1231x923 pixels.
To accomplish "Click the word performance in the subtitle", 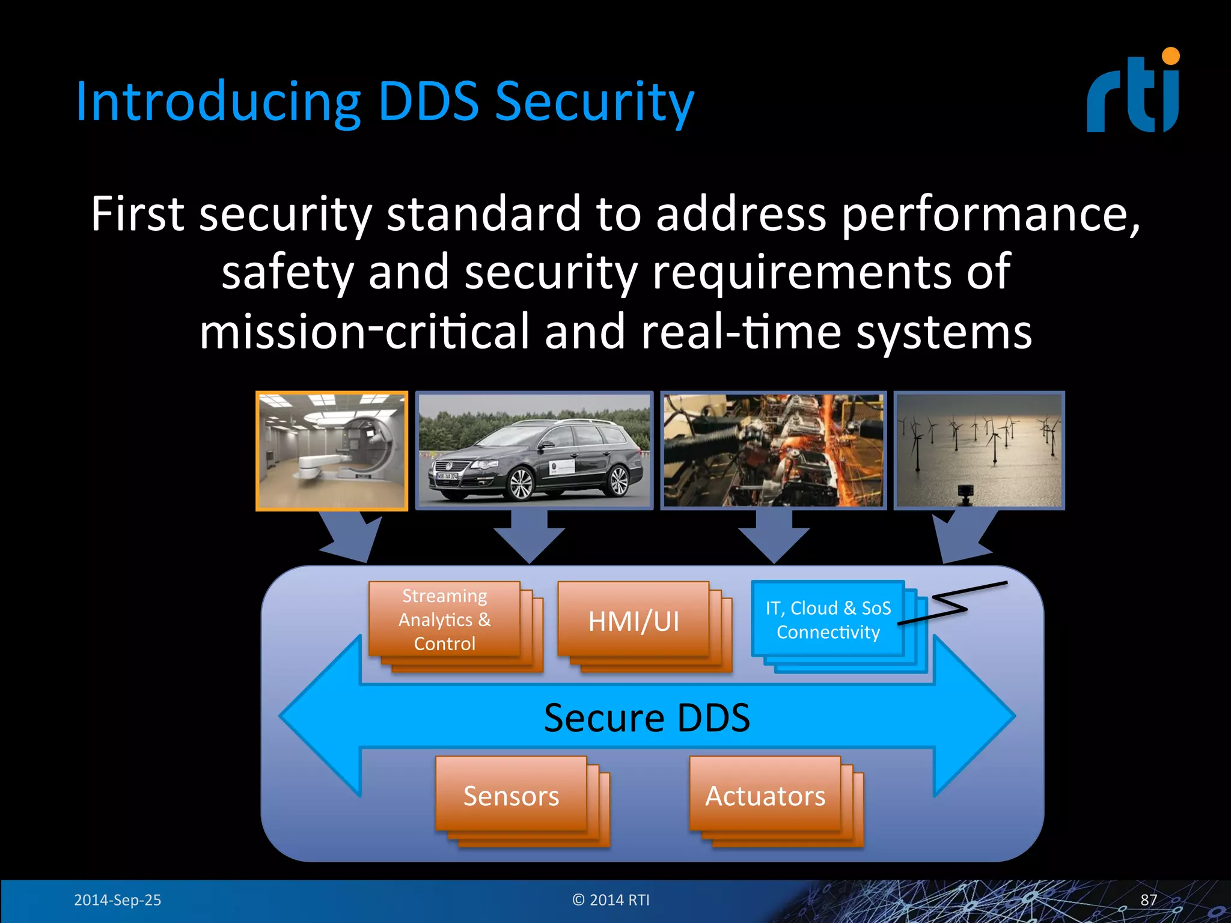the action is (989, 215).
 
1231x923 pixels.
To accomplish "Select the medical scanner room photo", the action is (332, 451).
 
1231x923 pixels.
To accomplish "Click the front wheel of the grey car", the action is (521, 484).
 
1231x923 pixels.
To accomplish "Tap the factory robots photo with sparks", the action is (773, 451).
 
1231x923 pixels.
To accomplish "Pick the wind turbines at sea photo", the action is (979, 451).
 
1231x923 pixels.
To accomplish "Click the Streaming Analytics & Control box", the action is (445, 620).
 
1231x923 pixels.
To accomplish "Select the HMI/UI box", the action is (634, 621).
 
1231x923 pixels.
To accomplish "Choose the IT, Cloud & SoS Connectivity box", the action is (828, 620).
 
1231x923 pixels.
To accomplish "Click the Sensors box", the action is (511, 796).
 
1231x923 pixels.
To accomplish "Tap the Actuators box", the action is (765, 796).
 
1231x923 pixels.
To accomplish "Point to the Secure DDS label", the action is (647, 717).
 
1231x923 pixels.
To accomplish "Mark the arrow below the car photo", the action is (529, 538).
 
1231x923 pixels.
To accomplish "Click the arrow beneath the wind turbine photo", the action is (962, 538).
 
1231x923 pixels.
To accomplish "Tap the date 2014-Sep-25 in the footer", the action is (117, 900).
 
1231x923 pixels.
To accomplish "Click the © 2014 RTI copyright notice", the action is (611, 900).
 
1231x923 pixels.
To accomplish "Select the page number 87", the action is (1149, 900).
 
